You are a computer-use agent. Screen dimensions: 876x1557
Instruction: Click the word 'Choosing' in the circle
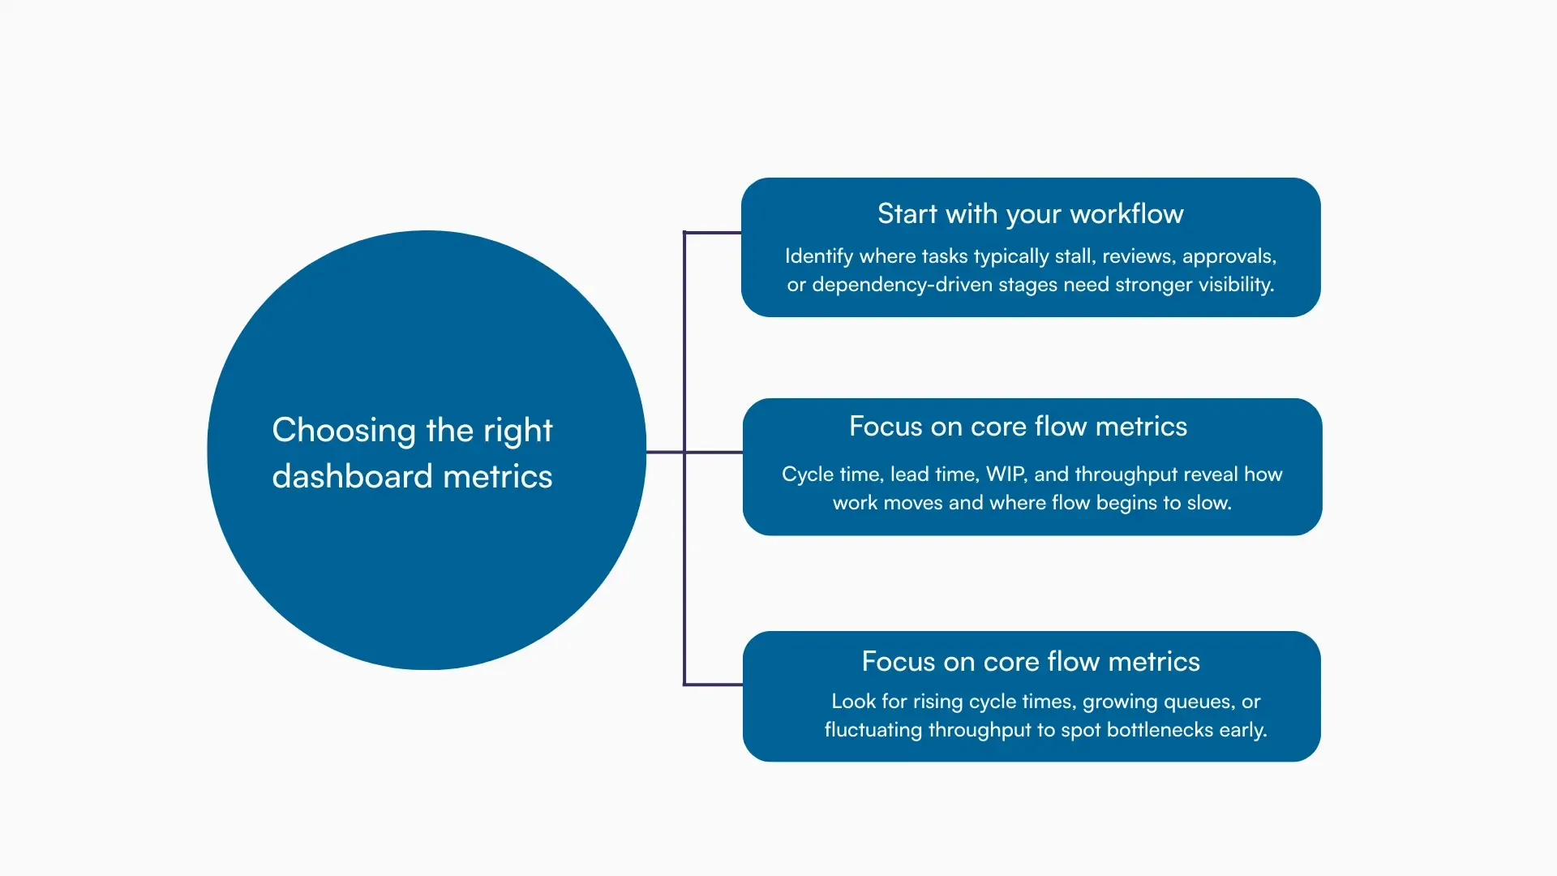[343, 431]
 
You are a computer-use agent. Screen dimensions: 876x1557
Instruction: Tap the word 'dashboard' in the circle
[352, 477]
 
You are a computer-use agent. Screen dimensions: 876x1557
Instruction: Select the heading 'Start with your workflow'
[1030, 214]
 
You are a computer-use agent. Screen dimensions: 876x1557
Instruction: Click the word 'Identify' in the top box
[818, 256]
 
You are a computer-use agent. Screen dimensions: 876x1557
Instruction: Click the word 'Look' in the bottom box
[852, 702]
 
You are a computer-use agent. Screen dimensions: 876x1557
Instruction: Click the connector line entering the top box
[713, 233]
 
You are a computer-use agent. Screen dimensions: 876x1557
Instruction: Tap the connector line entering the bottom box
[713, 685]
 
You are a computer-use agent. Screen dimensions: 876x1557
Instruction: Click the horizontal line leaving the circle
[665, 452]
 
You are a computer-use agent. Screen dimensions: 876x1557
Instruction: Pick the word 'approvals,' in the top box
[1229, 256]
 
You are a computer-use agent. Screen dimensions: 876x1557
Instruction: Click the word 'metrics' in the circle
[497, 477]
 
